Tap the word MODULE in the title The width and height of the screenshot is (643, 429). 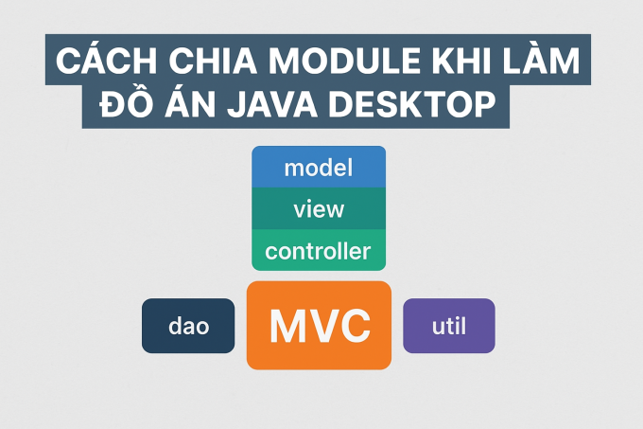tap(345, 61)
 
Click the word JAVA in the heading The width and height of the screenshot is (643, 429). tap(272, 104)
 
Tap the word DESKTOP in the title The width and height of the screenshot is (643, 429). tap(412, 104)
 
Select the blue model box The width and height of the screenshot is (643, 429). tap(319, 167)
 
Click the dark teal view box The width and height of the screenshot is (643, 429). tap(319, 208)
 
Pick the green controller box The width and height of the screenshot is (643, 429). tap(319, 250)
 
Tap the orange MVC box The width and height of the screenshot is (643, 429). tap(319, 325)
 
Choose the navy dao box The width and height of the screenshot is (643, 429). tap(188, 326)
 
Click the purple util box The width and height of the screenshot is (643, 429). tap(449, 326)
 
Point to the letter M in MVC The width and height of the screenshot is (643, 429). tap(287, 326)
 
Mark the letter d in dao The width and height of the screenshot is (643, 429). tap(175, 325)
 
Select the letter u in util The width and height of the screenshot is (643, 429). tap(439, 328)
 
